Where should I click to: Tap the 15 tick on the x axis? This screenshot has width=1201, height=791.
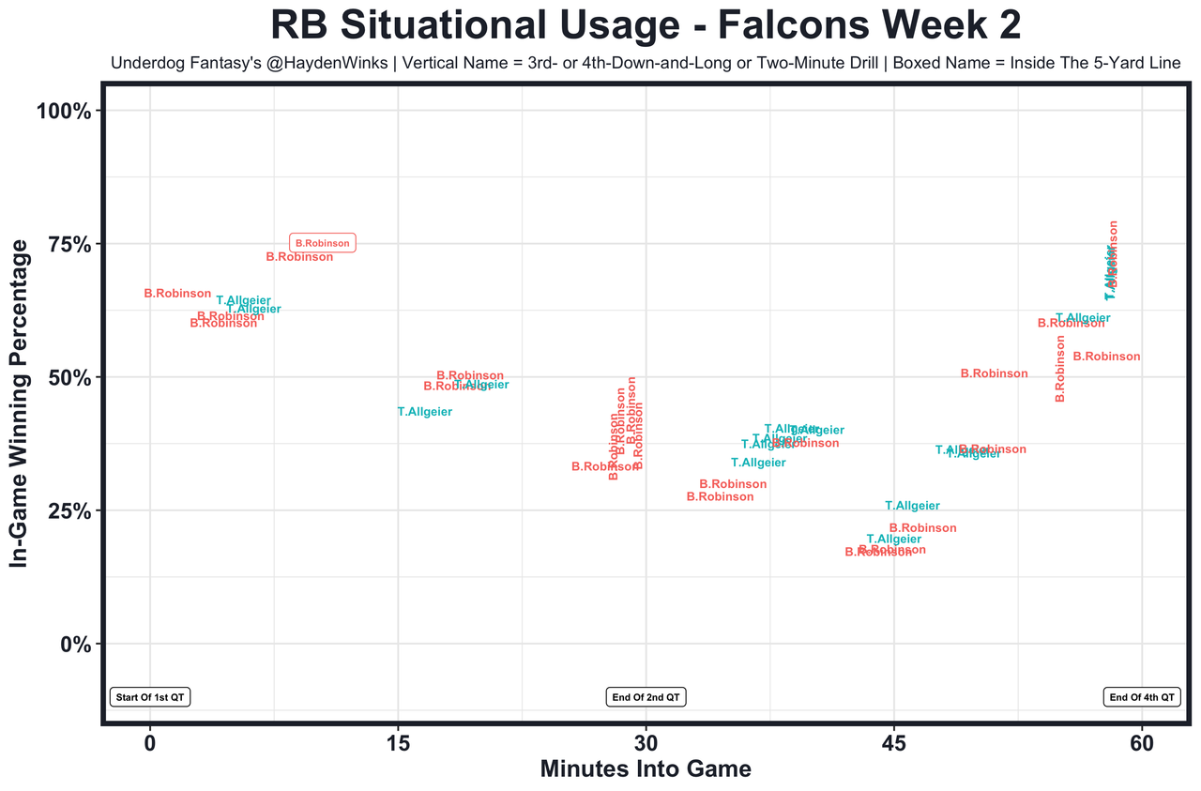point(398,744)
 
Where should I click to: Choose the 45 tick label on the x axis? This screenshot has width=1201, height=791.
point(893,744)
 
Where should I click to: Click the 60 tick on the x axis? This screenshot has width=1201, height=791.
point(1142,744)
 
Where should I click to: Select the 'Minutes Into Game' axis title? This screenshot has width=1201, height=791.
point(646,769)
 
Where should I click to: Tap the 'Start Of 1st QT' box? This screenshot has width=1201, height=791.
point(150,697)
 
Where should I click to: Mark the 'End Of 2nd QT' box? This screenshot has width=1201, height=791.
point(646,697)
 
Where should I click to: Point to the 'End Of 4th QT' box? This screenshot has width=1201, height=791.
point(1141,697)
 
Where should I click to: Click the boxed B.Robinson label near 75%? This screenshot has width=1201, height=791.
point(323,243)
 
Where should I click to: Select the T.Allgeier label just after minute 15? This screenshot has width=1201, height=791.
point(425,411)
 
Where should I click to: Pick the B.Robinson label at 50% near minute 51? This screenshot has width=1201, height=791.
point(995,373)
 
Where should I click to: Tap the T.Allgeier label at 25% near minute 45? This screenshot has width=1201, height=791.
point(912,506)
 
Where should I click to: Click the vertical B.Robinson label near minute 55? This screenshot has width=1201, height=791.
point(1060,369)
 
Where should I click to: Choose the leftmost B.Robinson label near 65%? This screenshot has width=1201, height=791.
point(177,294)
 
